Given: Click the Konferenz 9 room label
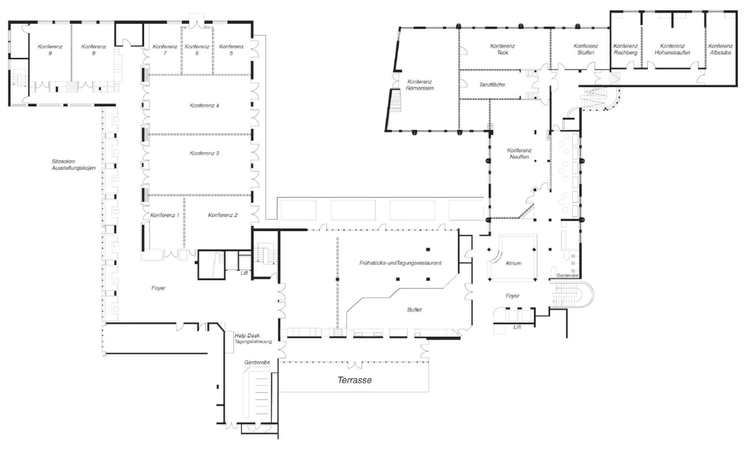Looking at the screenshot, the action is point(50,50).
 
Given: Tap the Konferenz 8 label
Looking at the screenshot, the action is point(94,50).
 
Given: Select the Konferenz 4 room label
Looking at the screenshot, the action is point(204,105).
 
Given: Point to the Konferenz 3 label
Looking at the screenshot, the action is point(204,153).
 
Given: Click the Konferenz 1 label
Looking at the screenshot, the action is point(165,215).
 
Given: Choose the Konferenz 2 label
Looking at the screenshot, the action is point(223,215).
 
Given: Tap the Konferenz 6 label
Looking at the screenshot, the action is point(197,50).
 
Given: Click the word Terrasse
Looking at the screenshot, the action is point(355,380).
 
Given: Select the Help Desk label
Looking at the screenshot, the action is point(247,336).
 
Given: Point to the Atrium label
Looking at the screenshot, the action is point(513,263).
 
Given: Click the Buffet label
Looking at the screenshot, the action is point(414,310).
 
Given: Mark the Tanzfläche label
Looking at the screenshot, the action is point(492,85).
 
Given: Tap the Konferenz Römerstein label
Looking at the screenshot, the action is point(419,85).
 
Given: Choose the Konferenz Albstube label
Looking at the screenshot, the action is point(721,49).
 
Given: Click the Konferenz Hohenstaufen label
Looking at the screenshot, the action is point(672,49).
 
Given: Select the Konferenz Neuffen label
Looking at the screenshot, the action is point(519,153).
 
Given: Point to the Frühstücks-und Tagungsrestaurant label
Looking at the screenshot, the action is point(400,263).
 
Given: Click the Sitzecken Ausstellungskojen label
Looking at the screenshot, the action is point(74,165).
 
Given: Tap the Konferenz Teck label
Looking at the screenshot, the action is point(503,49).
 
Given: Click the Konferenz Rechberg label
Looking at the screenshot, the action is point(625,49).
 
